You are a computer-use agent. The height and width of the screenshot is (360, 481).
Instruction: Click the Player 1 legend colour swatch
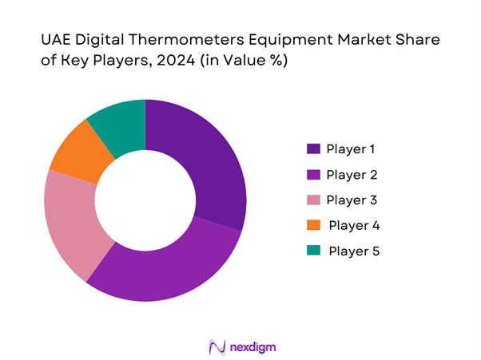313,148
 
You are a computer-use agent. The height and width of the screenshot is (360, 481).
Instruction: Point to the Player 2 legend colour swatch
313,174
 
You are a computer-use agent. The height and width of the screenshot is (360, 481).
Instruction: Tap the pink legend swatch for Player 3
313,200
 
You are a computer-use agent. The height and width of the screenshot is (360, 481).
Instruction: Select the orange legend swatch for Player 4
313,225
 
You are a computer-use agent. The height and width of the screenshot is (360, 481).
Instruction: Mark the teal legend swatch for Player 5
313,251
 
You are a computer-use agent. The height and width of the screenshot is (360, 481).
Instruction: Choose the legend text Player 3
352,200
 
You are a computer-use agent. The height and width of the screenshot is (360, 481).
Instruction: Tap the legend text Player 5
354,251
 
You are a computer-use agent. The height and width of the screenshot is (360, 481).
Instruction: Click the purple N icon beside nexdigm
215,346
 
